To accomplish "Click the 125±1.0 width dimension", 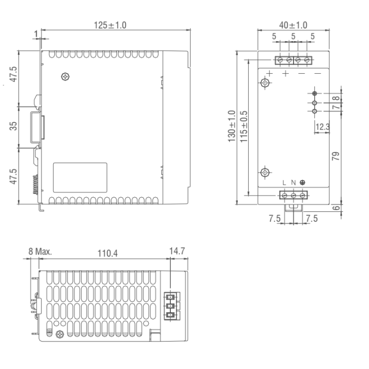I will (110, 25).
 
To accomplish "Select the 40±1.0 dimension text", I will (293, 25).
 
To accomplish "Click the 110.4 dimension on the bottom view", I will (108, 254).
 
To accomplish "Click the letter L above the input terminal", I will (284, 183).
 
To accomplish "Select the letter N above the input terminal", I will (293, 183).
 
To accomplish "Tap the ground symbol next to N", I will (302, 183).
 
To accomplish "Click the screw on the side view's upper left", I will (65, 76).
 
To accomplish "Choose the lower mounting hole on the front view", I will (266, 173).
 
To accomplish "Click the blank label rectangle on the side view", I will (80, 178).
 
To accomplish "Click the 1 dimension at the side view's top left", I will (36, 33).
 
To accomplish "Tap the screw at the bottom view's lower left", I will (60, 334).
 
